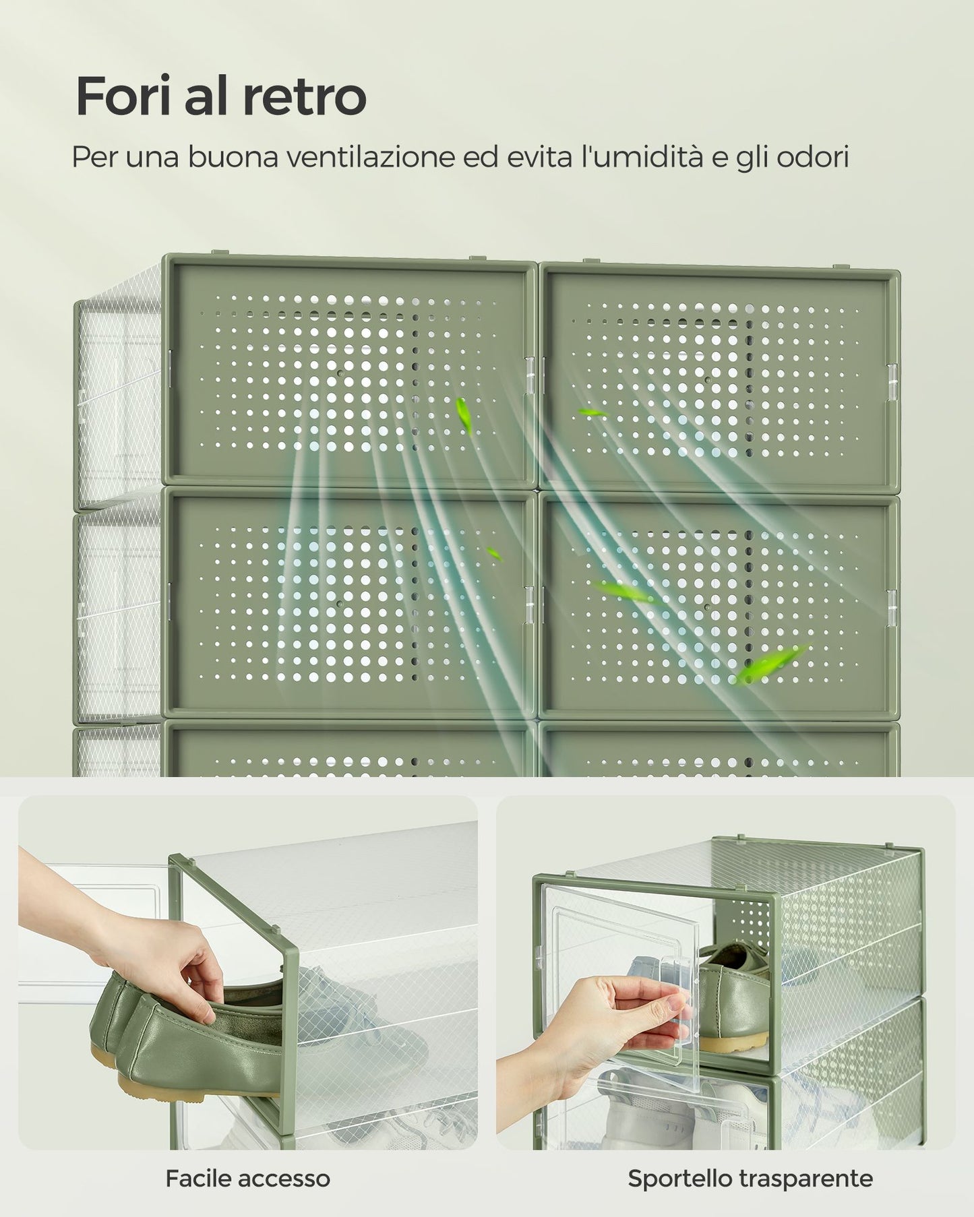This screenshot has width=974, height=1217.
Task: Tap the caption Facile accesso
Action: pyautogui.click(x=248, y=1179)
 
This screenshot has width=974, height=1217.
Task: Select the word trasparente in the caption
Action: pyautogui.click(x=806, y=1179)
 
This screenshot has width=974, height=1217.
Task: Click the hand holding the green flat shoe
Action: pyautogui.click(x=135, y=923)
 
